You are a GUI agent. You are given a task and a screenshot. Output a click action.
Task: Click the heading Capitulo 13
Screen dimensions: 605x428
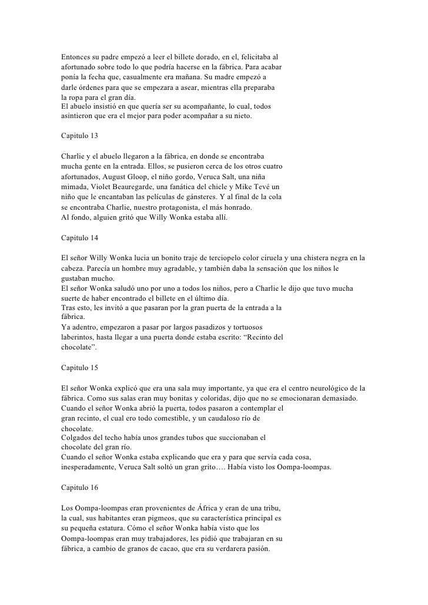(79, 136)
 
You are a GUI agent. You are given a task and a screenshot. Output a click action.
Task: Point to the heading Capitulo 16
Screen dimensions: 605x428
(79, 489)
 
